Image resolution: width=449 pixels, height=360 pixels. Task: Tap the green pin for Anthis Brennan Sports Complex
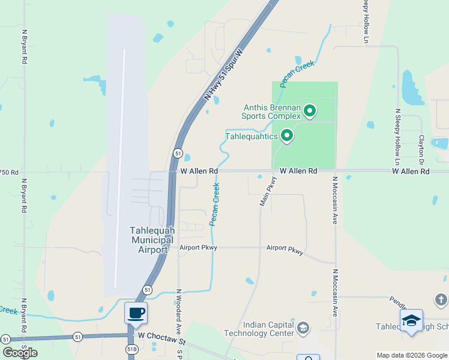(310, 110)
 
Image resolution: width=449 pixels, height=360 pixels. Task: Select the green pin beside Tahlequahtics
(287, 136)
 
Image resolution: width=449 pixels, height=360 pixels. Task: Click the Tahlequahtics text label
(252, 137)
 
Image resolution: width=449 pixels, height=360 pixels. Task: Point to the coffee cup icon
(136, 313)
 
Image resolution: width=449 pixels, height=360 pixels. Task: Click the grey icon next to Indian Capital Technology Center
(303, 328)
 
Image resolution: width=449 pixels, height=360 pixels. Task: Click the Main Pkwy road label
(268, 191)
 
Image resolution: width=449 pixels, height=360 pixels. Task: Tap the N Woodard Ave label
(178, 312)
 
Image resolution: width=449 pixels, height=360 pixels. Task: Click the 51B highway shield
(132, 349)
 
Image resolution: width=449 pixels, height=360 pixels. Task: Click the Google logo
(20, 353)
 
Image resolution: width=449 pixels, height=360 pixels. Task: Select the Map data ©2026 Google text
(411, 355)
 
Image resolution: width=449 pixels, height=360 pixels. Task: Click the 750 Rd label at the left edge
(9, 172)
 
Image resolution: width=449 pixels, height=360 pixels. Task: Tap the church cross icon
(440, 299)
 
